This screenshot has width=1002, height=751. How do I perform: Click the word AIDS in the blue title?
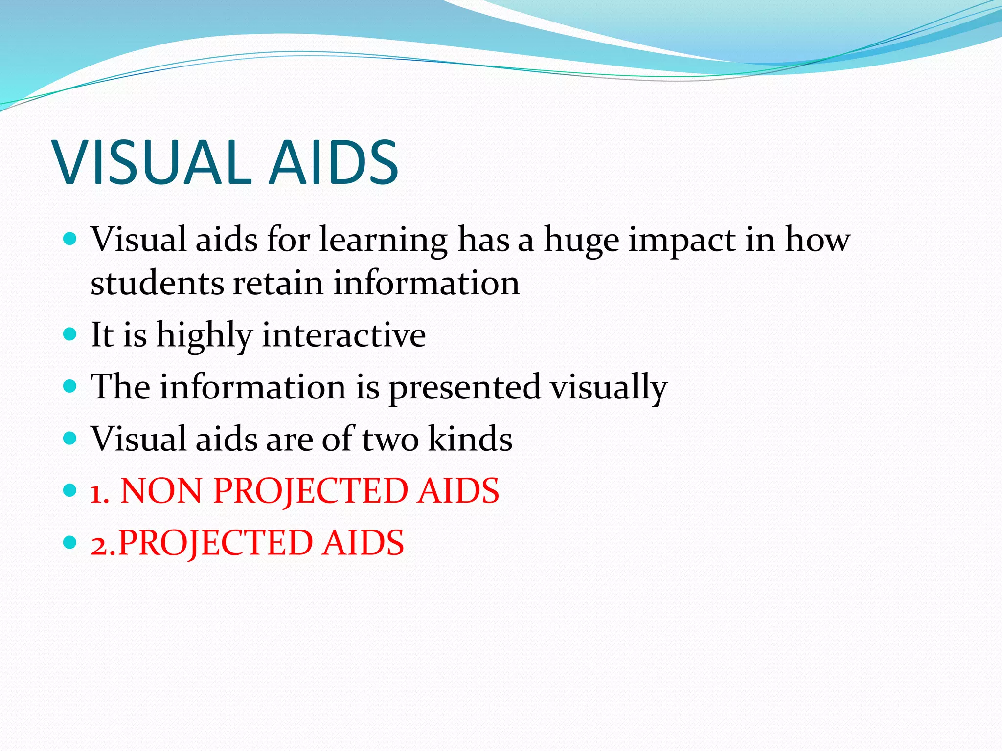point(334,162)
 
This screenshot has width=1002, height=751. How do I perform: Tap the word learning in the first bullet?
point(383,241)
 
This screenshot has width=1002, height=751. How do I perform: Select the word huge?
point(582,241)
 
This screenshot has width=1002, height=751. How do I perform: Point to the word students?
point(156,283)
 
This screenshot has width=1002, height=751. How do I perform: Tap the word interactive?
point(344,335)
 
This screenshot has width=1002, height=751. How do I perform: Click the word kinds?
point(470,439)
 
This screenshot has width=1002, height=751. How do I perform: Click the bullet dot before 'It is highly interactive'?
point(70,334)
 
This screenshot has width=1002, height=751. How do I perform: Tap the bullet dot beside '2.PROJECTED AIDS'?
point(70,542)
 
